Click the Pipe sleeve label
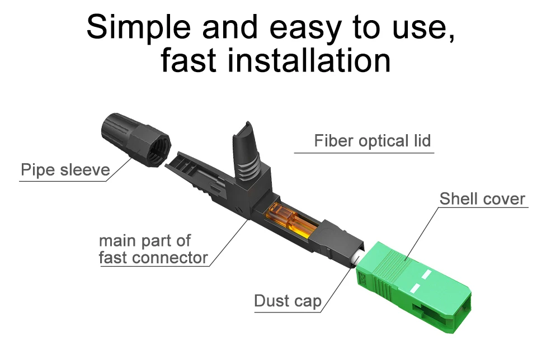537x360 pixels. [x=65, y=169]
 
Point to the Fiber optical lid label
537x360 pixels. [x=372, y=141]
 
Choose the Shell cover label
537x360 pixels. [x=482, y=198]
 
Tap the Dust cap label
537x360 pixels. [x=288, y=301]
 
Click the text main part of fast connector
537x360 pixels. [x=153, y=249]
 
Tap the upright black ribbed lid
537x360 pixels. [x=246, y=151]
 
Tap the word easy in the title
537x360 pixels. [x=292, y=26]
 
